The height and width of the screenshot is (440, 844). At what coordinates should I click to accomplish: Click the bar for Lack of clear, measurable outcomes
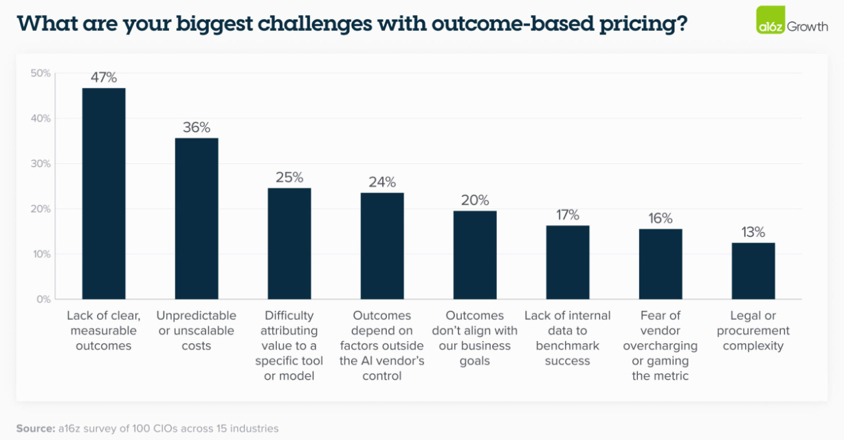[104, 194]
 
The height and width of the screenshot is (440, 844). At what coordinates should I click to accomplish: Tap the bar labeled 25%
[289, 244]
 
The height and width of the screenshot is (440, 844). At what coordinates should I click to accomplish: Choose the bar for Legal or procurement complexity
[753, 270]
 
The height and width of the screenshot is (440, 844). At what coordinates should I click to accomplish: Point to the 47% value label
[104, 77]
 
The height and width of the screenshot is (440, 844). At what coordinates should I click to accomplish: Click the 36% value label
[197, 127]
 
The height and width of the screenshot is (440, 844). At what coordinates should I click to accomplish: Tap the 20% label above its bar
[475, 200]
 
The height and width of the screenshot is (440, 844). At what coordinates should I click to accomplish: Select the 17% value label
[568, 215]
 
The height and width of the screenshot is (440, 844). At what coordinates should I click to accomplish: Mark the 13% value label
[753, 232]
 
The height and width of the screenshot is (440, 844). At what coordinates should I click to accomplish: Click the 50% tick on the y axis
[41, 73]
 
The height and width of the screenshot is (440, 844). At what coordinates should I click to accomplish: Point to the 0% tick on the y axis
[43, 299]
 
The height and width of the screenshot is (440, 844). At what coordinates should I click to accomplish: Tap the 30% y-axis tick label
[41, 163]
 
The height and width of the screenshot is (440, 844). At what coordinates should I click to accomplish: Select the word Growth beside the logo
[807, 26]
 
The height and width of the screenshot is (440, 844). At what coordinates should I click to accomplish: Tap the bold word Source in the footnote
[34, 428]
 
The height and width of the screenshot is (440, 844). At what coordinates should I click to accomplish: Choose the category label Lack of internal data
[568, 330]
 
